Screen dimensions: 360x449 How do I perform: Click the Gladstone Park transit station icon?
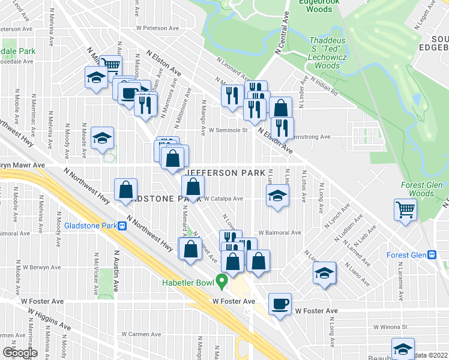122,226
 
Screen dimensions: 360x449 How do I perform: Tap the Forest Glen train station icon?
432,254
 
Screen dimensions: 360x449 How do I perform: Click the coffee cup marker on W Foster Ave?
279,303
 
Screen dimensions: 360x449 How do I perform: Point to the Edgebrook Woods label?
315,6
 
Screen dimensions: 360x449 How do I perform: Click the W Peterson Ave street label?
158,28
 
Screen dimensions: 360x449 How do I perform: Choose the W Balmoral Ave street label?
279,232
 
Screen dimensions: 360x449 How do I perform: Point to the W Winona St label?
390,328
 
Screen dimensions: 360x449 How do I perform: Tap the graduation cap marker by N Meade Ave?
103,138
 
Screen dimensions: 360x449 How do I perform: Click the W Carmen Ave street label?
142,334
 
